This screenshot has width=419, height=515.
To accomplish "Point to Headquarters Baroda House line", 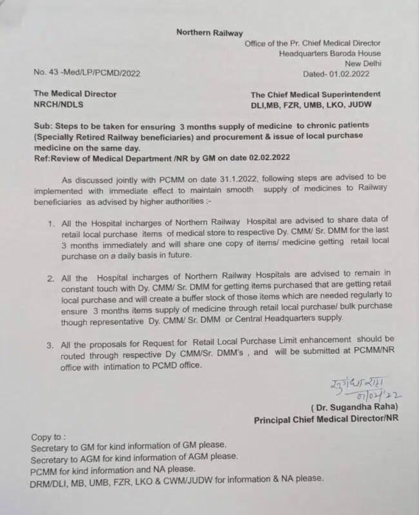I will (x=329, y=53).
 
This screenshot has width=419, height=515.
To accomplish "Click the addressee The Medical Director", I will (x=74, y=93).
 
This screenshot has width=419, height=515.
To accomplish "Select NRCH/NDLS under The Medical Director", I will (x=59, y=104).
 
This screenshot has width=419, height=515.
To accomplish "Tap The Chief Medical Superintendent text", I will (x=315, y=94).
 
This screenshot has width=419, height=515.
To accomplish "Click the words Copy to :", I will (x=48, y=436).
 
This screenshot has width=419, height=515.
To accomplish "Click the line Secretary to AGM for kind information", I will (x=134, y=456).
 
